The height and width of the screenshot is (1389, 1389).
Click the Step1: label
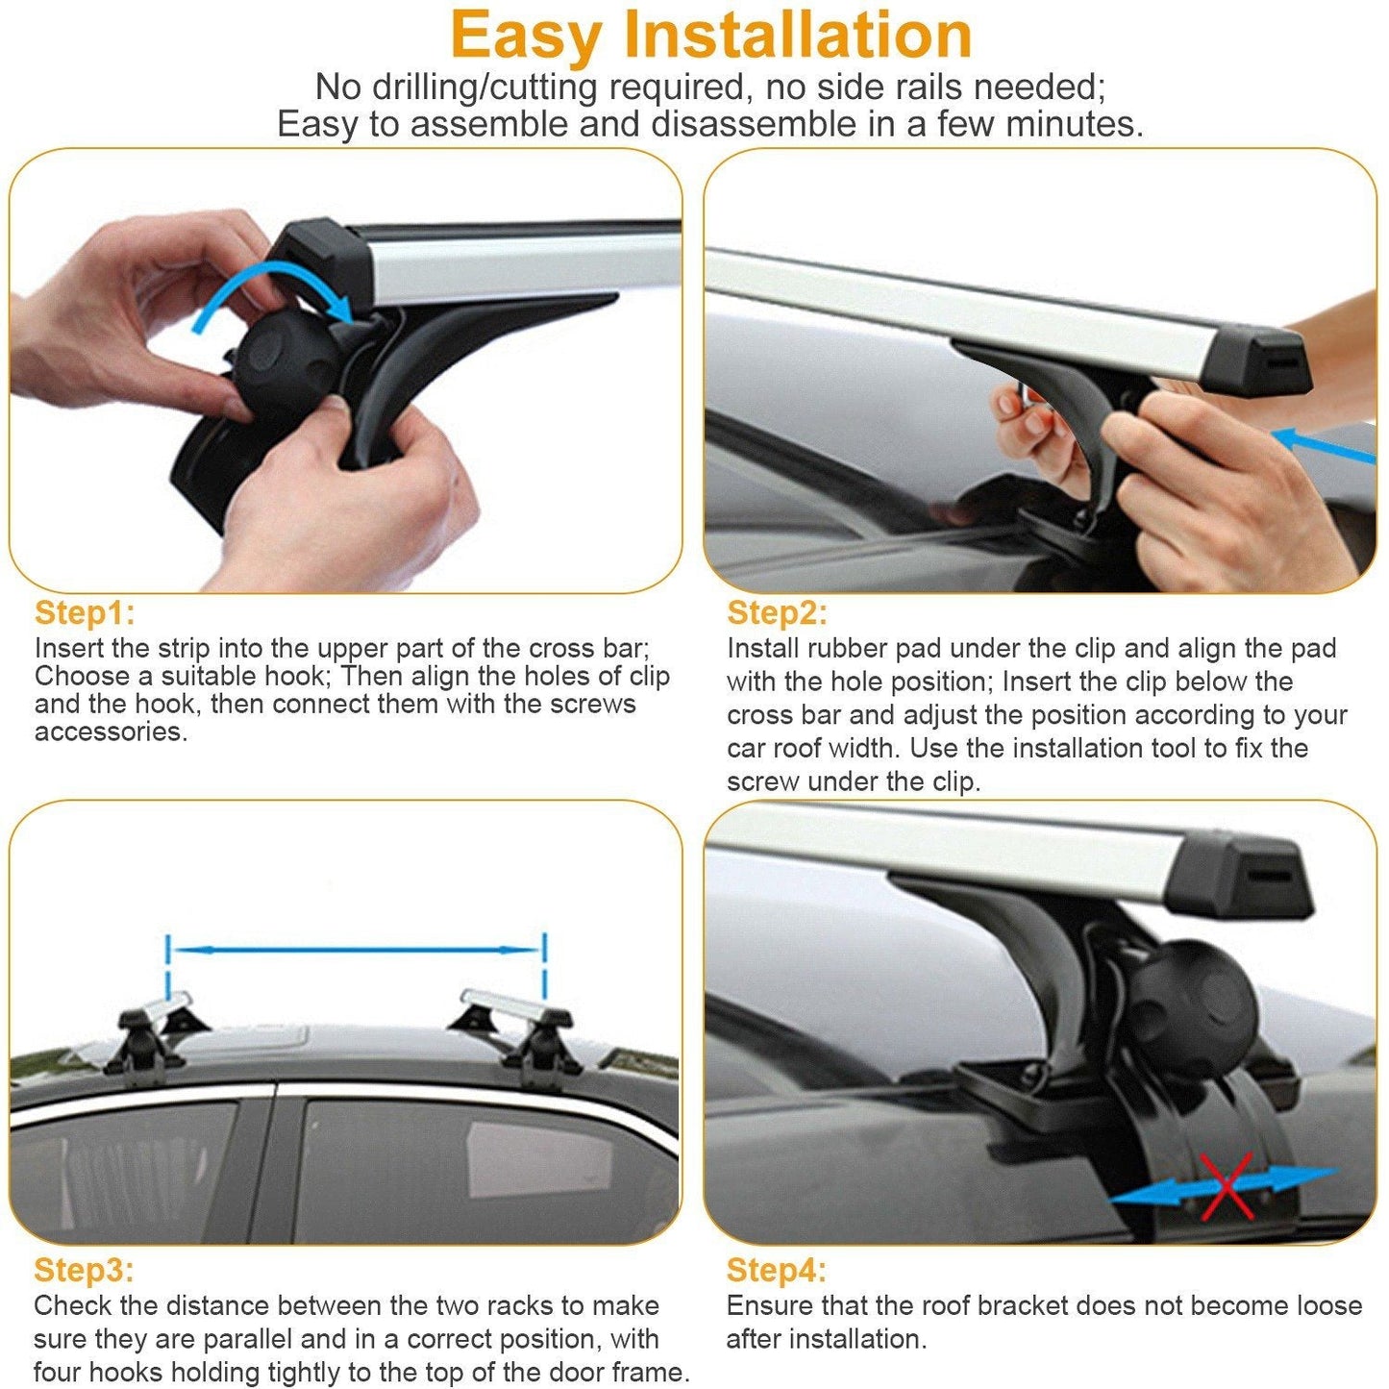(x=85, y=613)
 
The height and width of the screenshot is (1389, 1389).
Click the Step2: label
(x=777, y=613)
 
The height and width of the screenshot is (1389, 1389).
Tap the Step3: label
(x=84, y=1270)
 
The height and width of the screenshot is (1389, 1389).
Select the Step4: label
(x=776, y=1270)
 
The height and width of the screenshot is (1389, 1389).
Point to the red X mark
(x=1226, y=1185)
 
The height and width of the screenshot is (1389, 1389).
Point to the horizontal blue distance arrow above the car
(x=357, y=951)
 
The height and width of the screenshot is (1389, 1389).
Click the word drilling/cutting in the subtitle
(x=484, y=87)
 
